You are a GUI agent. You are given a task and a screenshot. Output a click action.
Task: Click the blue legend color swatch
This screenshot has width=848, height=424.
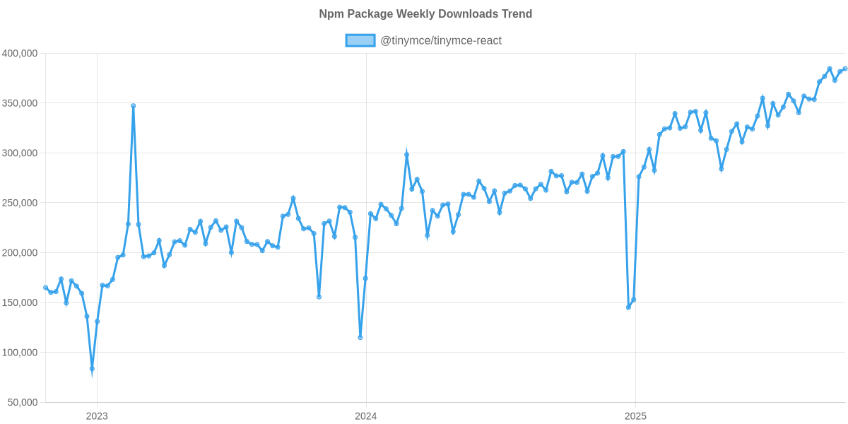360,41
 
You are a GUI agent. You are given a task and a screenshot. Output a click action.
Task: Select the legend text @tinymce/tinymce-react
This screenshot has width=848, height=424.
441,41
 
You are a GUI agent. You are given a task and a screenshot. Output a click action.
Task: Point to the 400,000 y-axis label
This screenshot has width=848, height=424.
20,54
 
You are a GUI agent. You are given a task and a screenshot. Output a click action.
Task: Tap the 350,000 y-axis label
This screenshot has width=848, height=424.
20,103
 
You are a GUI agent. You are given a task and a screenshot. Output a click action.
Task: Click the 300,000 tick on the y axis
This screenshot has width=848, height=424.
20,153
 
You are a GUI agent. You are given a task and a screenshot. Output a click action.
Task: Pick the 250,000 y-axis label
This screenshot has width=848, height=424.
20,203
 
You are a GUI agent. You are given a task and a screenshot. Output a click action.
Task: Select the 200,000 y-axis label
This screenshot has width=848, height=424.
20,253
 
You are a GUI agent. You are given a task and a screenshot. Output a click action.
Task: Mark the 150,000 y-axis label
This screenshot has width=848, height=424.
20,302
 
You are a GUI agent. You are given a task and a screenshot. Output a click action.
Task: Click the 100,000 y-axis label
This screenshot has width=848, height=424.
20,353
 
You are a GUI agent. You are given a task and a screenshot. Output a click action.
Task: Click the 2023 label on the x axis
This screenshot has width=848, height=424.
97,416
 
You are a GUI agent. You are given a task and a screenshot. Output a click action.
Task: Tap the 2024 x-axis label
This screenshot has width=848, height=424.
366,416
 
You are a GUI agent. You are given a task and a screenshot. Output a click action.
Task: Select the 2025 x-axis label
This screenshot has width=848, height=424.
635,416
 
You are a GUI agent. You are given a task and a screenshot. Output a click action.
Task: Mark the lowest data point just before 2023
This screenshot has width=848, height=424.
92,369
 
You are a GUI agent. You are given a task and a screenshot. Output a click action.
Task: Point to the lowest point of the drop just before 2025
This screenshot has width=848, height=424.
628,307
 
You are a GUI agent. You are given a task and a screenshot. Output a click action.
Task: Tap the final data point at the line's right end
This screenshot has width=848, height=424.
844,69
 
